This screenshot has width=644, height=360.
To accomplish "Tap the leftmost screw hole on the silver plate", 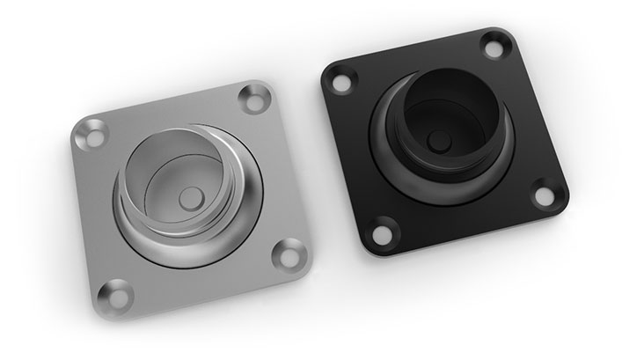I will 89,136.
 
